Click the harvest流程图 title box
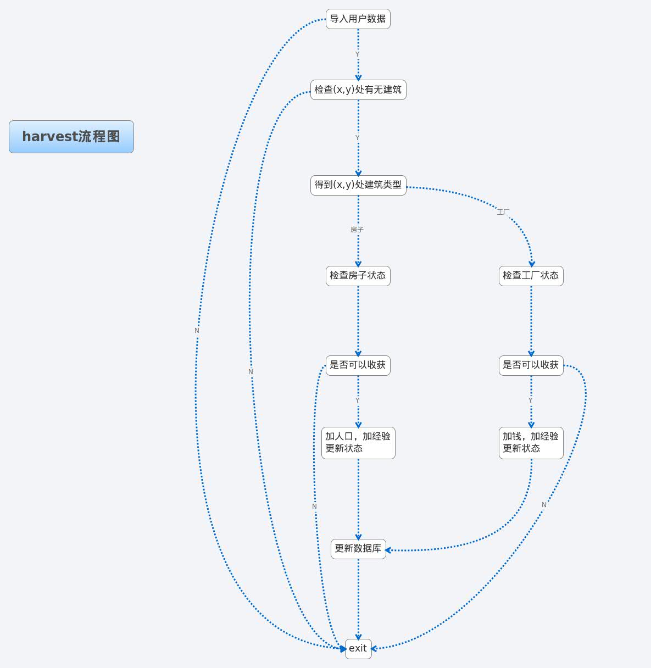click(x=71, y=137)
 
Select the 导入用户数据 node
click(x=358, y=19)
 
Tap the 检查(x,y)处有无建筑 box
click(x=358, y=90)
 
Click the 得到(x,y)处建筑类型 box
click(x=358, y=185)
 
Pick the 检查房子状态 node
click(x=358, y=275)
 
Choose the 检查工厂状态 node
click(x=531, y=275)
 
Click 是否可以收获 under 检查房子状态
click(x=358, y=365)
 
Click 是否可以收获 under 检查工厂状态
click(x=531, y=365)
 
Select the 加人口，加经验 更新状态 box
click(x=358, y=443)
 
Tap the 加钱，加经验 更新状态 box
click(x=531, y=443)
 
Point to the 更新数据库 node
click(x=358, y=549)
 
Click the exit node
click(x=358, y=648)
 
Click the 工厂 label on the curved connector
click(x=503, y=212)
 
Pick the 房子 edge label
click(x=357, y=230)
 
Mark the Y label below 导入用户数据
click(x=357, y=54)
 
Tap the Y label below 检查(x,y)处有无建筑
click(x=357, y=138)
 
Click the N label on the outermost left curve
click(x=197, y=331)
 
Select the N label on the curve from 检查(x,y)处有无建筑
click(x=251, y=372)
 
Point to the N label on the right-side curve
click(x=544, y=505)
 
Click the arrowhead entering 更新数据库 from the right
click(x=388, y=550)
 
